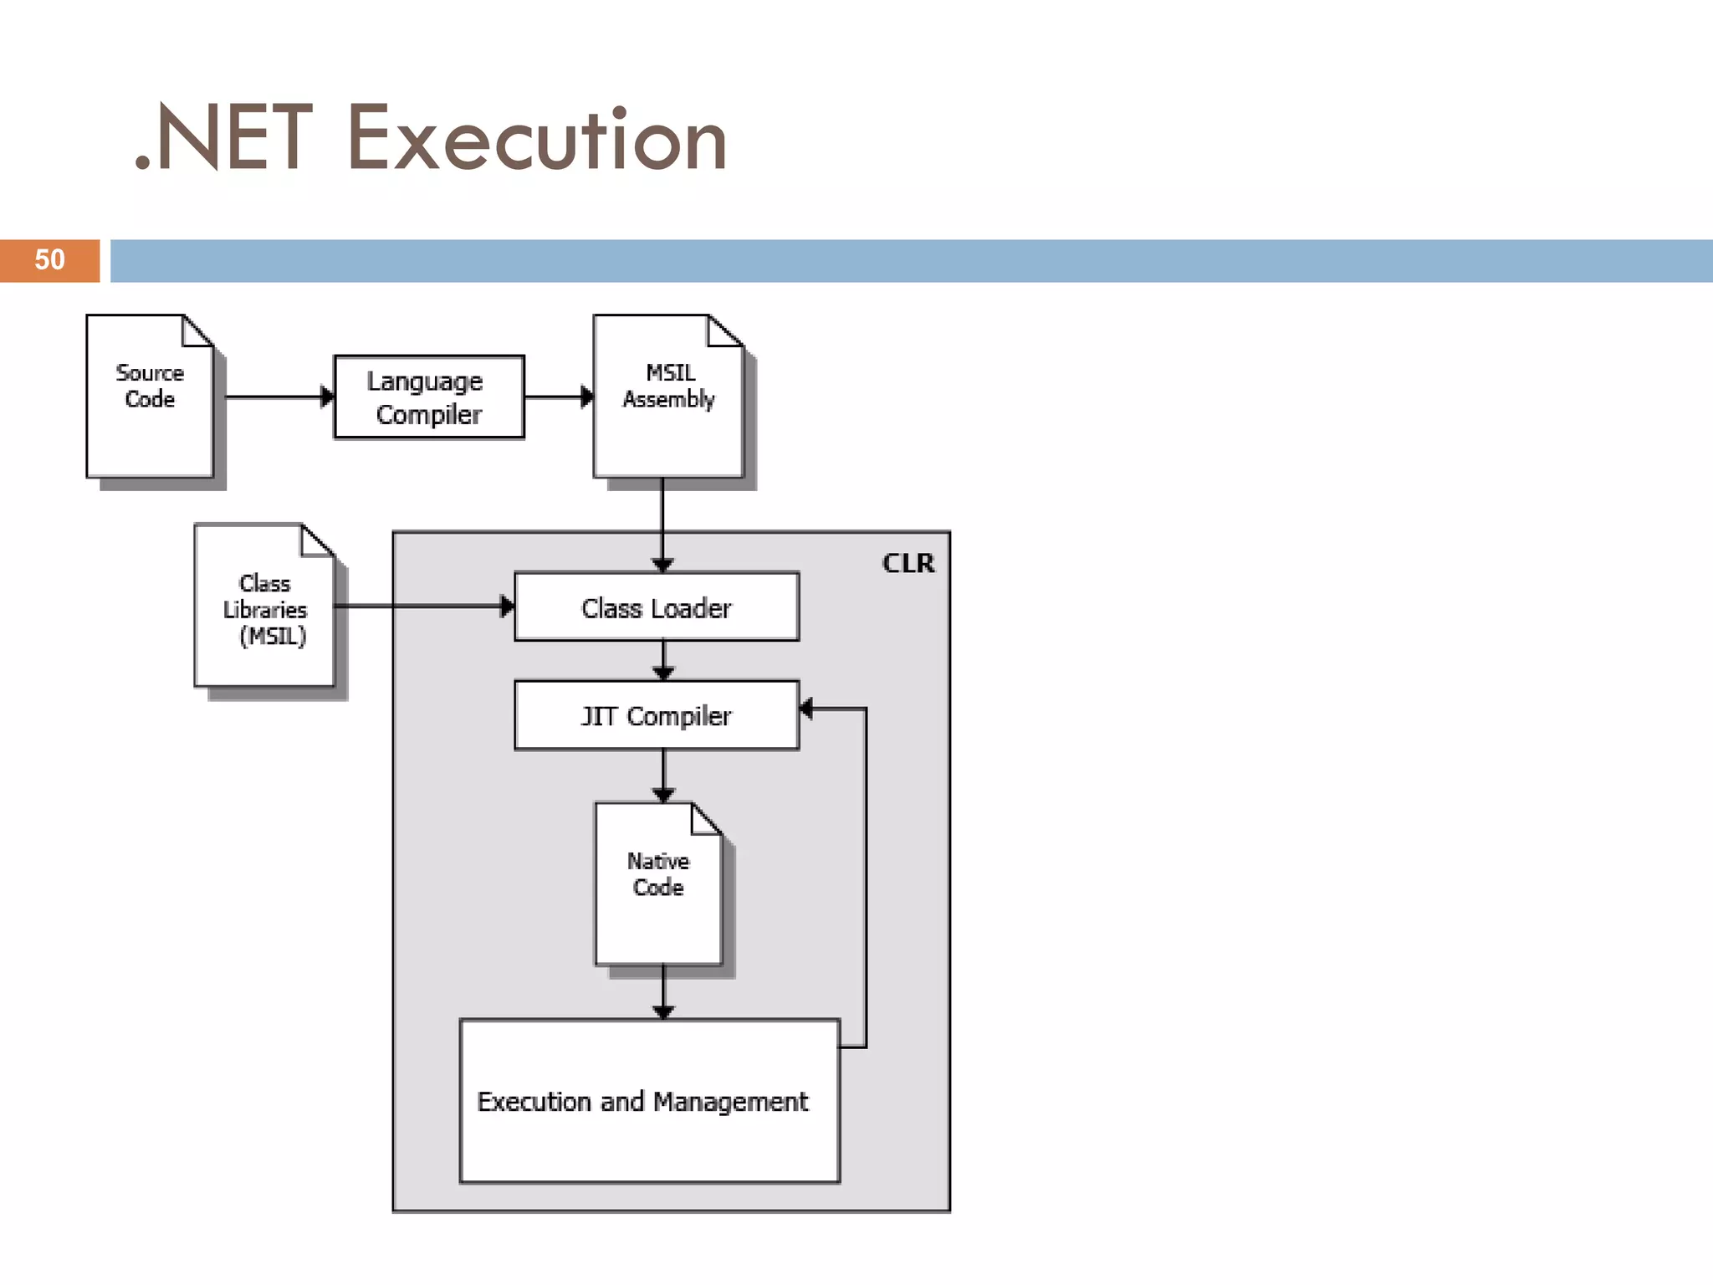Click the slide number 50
tap(49, 260)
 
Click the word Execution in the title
tap(536, 140)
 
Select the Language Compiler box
tap(429, 397)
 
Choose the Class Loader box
tap(657, 607)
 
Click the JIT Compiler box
tap(657, 715)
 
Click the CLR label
tap(908, 563)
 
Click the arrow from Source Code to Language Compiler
tap(276, 397)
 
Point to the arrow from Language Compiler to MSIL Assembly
tap(557, 397)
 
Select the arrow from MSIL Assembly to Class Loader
tap(662, 523)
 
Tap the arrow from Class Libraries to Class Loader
tap(422, 606)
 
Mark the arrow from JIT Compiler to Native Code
tap(663, 775)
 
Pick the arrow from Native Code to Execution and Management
tap(663, 992)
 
